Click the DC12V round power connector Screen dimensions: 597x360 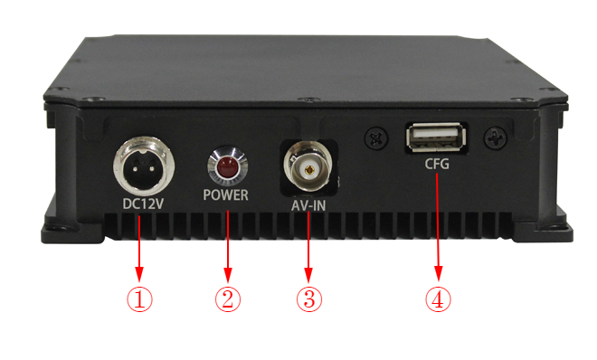tap(144, 166)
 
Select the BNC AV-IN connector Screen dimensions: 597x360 tap(308, 166)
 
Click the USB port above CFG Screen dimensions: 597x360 tap(436, 137)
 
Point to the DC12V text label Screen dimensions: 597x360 tap(143, 204)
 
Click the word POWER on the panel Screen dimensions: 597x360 tap(226, 195)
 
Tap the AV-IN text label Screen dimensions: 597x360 tap(308, 206)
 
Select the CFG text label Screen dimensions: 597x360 tap(437, 165)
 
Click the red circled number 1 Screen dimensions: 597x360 tap(139, 299)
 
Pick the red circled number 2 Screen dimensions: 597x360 tap(228, 299)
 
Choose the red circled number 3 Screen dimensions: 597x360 tap(309, 299)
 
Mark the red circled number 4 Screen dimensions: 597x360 tap(438, 299)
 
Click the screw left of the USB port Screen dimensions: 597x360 tap(377, 137)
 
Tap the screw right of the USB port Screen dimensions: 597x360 tap(496, 137)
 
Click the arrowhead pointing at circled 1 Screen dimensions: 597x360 tap(139, 274)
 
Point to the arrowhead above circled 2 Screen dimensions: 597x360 tap(228, 274)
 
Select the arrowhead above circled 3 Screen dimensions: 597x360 tap(308, 274)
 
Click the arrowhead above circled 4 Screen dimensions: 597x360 tap(439, 274)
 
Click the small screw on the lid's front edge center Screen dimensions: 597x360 tap(313, 99)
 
